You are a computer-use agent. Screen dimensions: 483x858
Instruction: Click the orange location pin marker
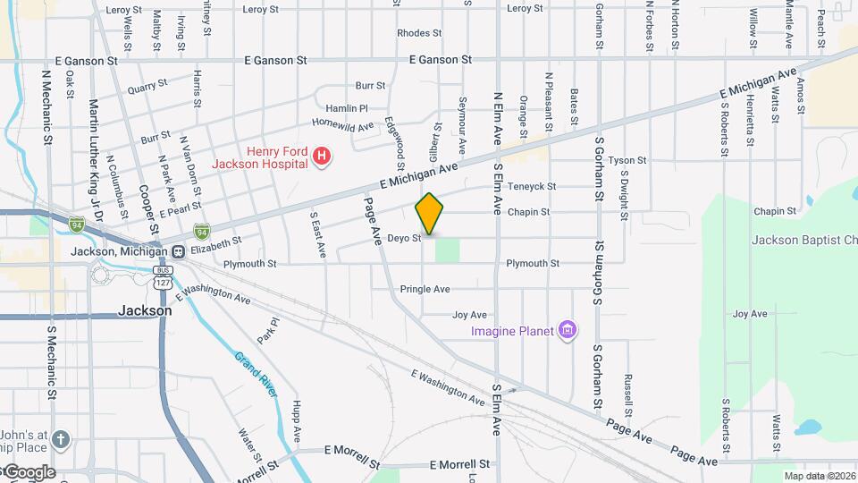pos(429,213)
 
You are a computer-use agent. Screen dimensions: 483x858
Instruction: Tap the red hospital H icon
pos(322,158)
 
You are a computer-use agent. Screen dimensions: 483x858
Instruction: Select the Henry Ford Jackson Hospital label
pos(260,157)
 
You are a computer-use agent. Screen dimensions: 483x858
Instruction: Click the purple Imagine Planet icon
pos(566,331)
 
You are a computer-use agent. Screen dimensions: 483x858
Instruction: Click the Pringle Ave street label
pos(425,289)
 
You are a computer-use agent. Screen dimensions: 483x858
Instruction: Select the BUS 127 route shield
pos(163,275)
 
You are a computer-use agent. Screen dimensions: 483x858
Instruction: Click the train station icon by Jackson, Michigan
pos(179,251)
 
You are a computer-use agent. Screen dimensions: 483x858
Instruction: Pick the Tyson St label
pos(620,161)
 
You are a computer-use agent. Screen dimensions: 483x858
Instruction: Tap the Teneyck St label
pos(531,187)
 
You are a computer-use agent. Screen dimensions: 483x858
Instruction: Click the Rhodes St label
pos(419,33)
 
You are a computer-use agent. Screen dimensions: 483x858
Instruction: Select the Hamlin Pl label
pos(346,107)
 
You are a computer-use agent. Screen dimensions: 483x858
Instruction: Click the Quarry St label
pos(147,87)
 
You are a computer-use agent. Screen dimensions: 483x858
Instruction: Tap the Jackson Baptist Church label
pos(804,240)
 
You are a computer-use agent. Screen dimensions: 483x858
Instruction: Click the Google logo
pos(29,471)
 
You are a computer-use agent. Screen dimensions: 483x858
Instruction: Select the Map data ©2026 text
pos(818,476)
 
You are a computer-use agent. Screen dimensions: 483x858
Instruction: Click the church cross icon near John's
pos(60,439)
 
